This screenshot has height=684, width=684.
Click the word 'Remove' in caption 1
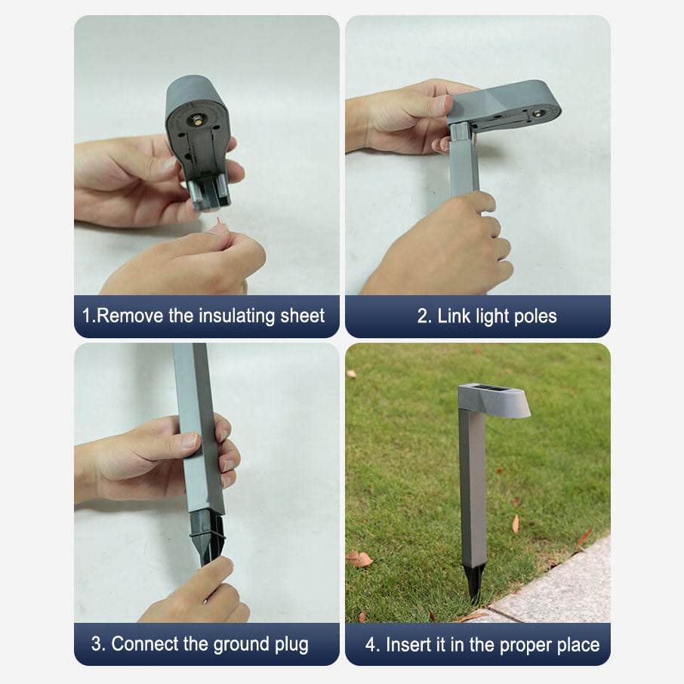[x=130, y=316]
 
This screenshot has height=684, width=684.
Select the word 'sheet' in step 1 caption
[x=302, y=316]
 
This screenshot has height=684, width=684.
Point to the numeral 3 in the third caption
[x=96, y=644]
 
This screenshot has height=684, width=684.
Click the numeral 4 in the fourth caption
[x=371, y=645]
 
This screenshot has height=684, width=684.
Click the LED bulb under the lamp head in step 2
[x=537, y=114]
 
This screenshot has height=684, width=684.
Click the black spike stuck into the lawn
[x=475, y=582]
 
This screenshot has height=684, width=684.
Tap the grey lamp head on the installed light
[x=493, y=399]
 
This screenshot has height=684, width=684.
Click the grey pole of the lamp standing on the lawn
[x=473, y=488]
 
